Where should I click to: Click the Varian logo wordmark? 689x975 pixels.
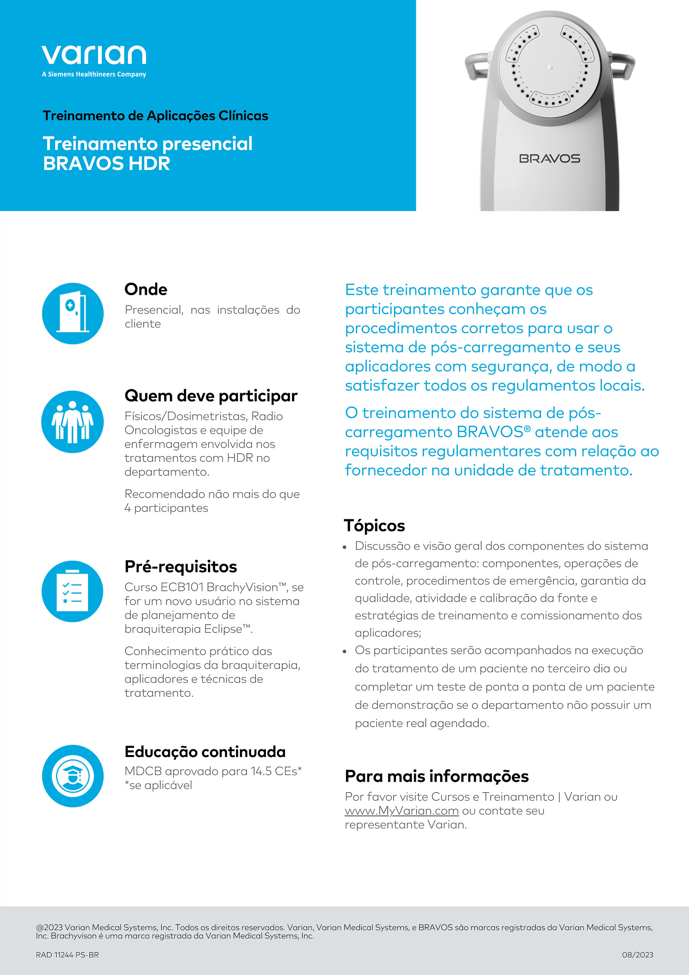pos(94,55)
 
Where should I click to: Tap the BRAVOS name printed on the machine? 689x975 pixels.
pos(550,159)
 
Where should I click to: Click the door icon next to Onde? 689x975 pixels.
pos(73,313)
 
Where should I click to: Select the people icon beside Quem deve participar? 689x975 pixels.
pos(73,422)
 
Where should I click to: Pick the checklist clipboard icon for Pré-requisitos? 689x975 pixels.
pos(73,591)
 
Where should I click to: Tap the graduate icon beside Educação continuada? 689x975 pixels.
pos(73,776)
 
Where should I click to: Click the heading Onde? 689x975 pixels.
pos(146,289)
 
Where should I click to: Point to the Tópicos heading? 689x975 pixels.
pos(374,526)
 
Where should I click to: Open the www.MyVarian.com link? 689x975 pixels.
pos(402,810)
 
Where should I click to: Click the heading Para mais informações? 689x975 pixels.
pos(437,776)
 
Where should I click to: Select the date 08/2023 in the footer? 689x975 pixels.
pos(638,955)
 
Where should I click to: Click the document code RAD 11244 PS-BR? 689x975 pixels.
pos(68,955)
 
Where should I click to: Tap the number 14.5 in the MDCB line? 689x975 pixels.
pos(261,771)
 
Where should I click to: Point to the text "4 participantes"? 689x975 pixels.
pos(167,508)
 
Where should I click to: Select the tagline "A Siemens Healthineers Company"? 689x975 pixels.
pos(94,74)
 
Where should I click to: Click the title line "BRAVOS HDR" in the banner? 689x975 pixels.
pos(107,164)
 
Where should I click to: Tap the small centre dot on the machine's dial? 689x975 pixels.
pos(550,67)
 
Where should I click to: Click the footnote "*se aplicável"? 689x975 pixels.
pos(158,785)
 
